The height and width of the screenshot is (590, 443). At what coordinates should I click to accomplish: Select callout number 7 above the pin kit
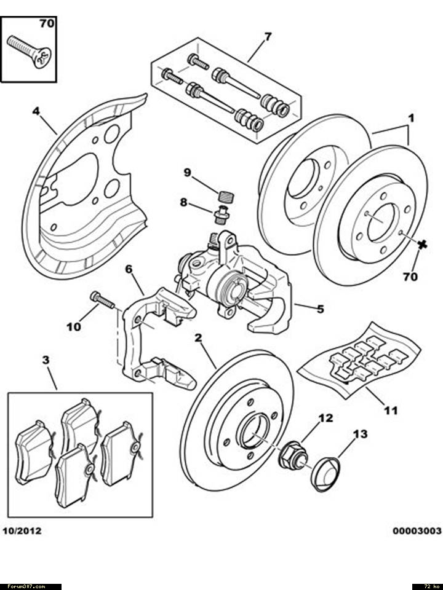[268, 37]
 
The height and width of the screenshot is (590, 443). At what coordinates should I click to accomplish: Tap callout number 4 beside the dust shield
[36, 111]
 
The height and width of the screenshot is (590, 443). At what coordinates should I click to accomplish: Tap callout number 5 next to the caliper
[320, 309]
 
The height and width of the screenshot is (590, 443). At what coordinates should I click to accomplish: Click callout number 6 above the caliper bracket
[129, 269]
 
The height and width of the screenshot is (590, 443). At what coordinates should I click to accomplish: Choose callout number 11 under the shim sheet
[391, 409]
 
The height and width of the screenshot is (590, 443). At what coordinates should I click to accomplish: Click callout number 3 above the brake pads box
[46, 360]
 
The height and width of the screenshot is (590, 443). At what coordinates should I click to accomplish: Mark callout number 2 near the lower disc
[198, 337]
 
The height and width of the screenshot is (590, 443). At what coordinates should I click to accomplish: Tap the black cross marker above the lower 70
[422, 245]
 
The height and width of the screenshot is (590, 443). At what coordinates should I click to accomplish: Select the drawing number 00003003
[417, 530]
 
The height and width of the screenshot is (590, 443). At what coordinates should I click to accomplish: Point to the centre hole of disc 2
[254, 431]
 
